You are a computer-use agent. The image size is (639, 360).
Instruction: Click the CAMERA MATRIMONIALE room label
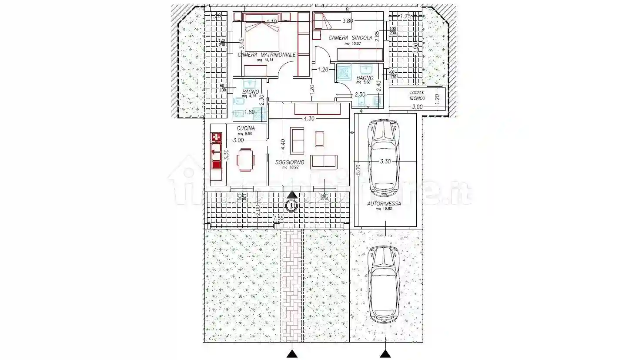pos(266,55)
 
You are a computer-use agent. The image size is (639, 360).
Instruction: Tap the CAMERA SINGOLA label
pos(350,38)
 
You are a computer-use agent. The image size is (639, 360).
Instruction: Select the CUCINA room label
pos(246,128)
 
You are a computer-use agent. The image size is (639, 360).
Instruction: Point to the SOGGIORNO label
pos(290,162)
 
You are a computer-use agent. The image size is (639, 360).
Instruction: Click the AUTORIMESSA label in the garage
pos(384,203)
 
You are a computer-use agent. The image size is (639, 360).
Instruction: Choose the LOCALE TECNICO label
pos(417,95)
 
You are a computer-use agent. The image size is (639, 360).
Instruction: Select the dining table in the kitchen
pos(246,160)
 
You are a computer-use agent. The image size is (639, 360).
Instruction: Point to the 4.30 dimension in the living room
pos(308,118)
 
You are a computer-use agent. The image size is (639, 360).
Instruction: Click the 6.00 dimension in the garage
pos(358,170)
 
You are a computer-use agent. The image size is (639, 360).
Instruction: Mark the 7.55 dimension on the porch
pos(278,218)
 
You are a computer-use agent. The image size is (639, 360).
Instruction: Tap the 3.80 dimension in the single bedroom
pos(347,20)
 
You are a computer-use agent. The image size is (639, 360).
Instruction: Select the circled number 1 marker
pos(291,205)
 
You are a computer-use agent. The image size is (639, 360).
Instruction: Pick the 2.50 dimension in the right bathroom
pos(360,94)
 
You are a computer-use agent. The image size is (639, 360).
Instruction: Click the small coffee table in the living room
pos(319,139)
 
